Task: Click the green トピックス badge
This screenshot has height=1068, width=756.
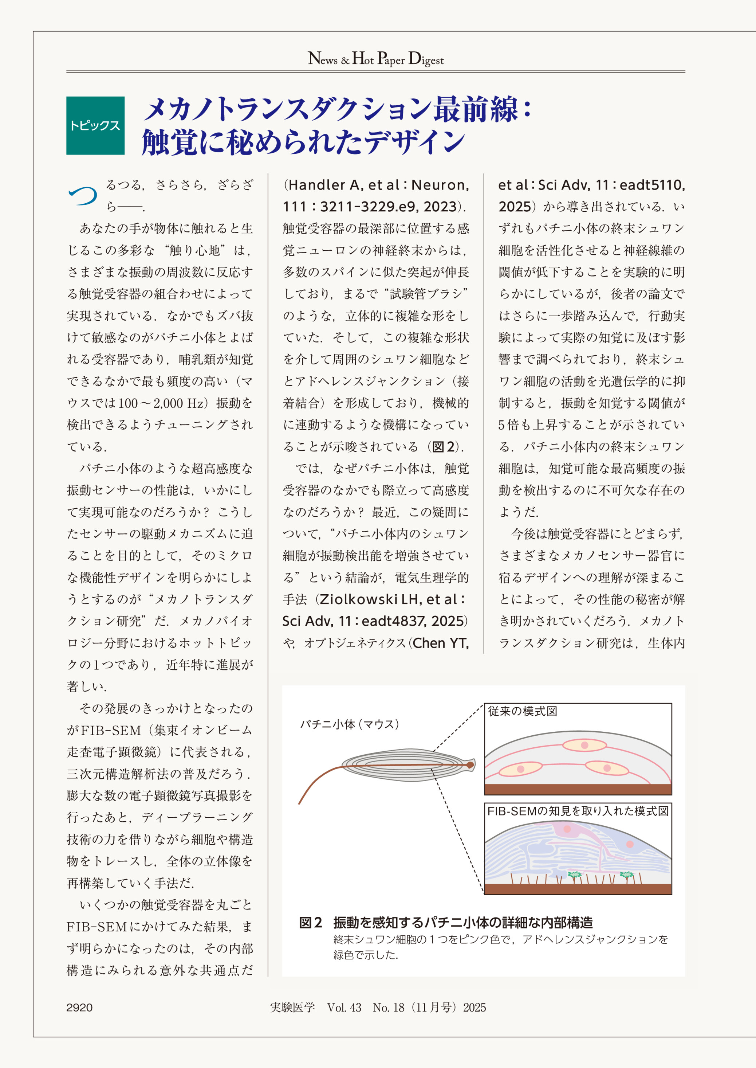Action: pyautogui.click(x=95, y=125)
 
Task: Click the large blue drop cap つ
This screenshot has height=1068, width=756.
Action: pyautogui.click(x=82, y=196)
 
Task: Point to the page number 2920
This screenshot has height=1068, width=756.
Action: pyautogui.click(x=79, y=1008)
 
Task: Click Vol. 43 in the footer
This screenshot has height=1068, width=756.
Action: pyautogui.click(x=344, y=1008)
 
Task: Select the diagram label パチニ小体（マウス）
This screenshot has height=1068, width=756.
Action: pyautogui.click(x=350, y=724)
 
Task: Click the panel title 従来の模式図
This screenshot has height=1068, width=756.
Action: pyautogui.click(x=522, y=711)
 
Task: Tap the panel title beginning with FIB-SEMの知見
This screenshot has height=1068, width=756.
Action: pyautogui.click(x=578, y=811)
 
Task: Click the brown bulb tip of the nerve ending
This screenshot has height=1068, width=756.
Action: pyautogui.click(x=470, y=765)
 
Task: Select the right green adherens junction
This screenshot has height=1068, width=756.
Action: pyautogui.click(x=627, y=875)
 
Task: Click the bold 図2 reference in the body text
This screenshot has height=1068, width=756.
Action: pyautogui.click(x=444, y=447)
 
